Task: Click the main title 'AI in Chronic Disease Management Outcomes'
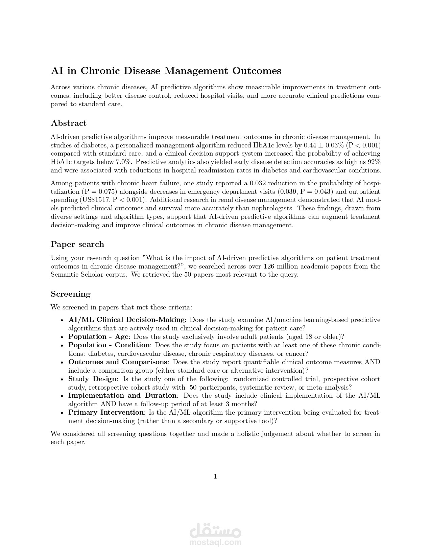point(166,71)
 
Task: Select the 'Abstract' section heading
point(69,123)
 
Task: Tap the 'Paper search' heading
point(77,244)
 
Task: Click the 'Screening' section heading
point(71,294)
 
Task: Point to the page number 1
point(215,476)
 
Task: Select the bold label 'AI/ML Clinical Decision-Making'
point(126,320)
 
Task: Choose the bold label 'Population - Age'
point(98,336)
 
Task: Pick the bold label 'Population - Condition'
point(109,345)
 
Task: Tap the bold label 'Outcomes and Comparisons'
point(118,362)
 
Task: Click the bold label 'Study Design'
point(93,379)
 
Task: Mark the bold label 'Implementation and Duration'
point(122,395)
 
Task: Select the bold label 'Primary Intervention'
point(106,412)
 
